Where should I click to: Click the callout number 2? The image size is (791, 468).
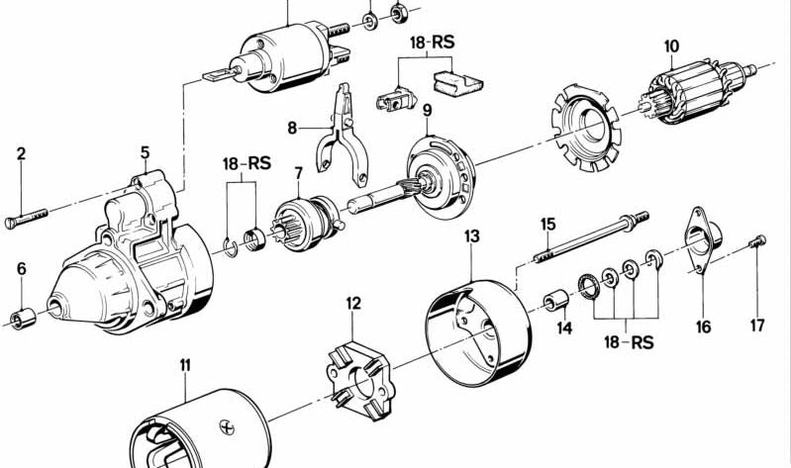click(x=21, y=153)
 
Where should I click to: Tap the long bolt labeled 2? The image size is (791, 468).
click(x=27, y=217)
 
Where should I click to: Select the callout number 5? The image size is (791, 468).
click(x=145, y=152)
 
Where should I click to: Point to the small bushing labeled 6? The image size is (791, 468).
click(x=21, y=319)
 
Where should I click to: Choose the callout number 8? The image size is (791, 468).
click(x=292, y=128)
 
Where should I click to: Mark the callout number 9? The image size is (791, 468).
click(x=428, y=109)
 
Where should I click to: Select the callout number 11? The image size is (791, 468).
click(x=184, y=368)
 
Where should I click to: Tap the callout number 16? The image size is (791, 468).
click(x=703, y=328)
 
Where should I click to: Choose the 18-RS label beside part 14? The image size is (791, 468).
click(x=629, y=342)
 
